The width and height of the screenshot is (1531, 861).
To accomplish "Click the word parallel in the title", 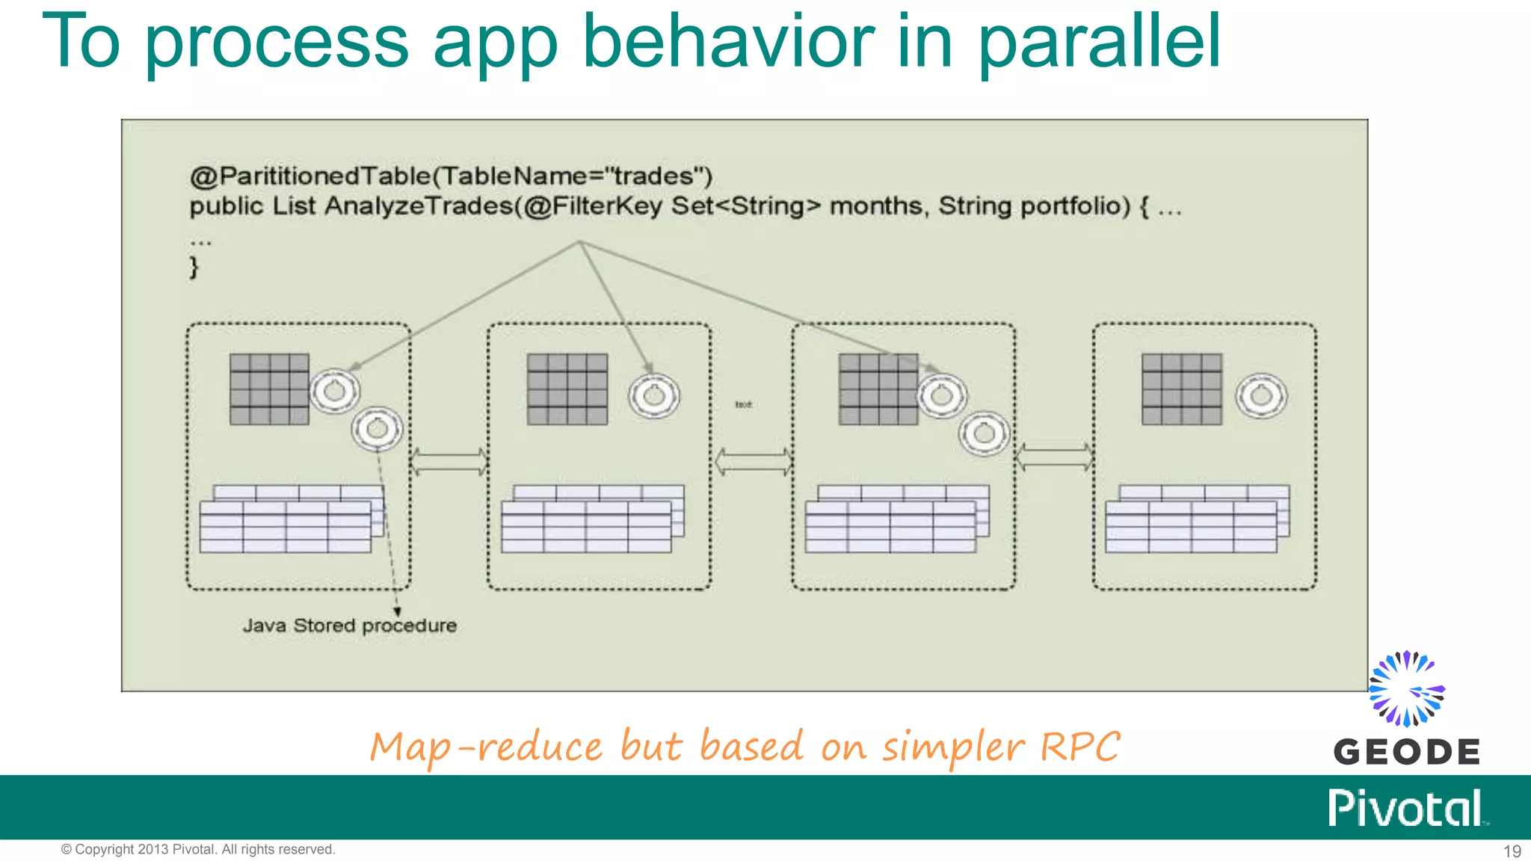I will click(x=1099, y=43).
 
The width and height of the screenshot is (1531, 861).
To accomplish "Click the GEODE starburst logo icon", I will click(x=1406, y=688).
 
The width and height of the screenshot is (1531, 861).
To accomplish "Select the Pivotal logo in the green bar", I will click(x=1406, y=808).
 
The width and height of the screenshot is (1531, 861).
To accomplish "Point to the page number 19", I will click(x=1512, y=851).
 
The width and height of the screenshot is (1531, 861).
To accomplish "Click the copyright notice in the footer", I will click(x=198, y=850).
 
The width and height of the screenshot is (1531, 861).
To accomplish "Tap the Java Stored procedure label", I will click(x=349, y=626).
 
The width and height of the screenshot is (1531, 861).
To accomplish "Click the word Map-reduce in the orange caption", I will click(x=486, y=747).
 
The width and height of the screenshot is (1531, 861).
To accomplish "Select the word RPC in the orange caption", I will click(x=1080, y=747).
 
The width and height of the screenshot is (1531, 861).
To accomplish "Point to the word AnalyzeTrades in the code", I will click(x=419, y=206).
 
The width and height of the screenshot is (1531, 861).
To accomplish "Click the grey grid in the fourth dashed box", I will click(x=1182, y=389).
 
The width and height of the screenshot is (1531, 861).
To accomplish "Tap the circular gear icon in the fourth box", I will click(x=1261, y=395).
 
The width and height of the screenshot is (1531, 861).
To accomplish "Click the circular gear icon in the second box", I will click(x=654, y=395).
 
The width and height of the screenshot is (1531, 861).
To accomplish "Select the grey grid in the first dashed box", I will click(x=269, y=389).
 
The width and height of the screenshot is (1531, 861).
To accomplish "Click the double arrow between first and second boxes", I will click(x=449, y=461).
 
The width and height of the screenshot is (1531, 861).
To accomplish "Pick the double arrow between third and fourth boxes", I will click(x=1054, y=457).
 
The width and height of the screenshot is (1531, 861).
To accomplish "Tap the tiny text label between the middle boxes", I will click(x=743, y=404).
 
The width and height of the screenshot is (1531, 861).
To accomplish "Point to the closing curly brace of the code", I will click(x=194, y=268).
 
